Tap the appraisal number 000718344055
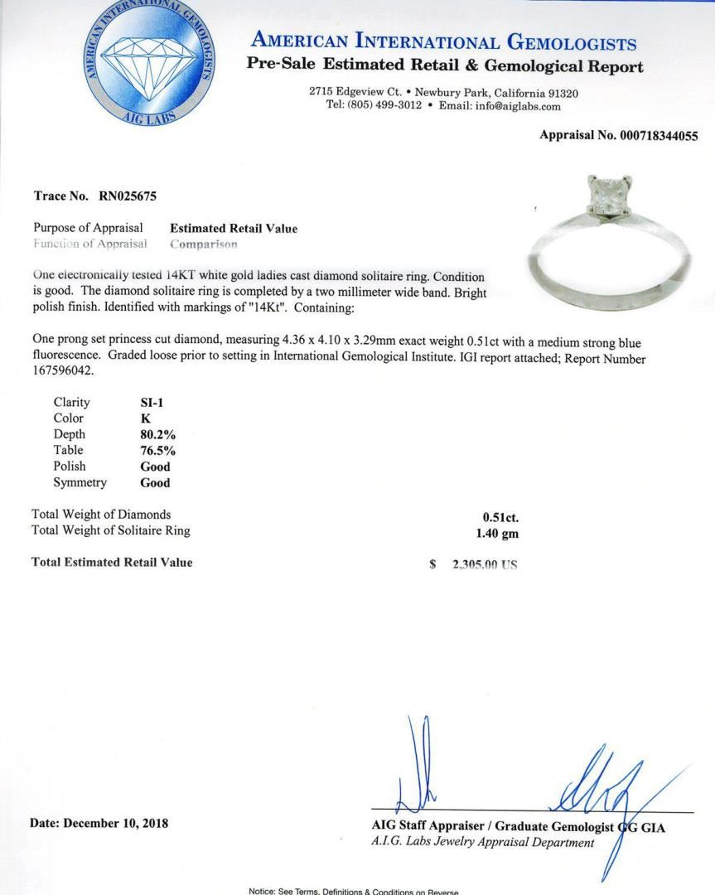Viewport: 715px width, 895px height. [659, 135]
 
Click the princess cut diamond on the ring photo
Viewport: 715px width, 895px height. [603, 197]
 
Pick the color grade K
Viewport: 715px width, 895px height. [146, 418]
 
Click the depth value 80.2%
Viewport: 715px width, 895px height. [158, 434]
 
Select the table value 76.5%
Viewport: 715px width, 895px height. [158, 450]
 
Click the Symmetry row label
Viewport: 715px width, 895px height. [80, 481]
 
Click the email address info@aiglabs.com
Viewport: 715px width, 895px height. [518, 106]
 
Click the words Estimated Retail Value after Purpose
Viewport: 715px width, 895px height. [234, 228]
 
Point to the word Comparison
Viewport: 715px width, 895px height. [204, 244]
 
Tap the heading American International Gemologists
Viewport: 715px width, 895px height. [444, 42]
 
